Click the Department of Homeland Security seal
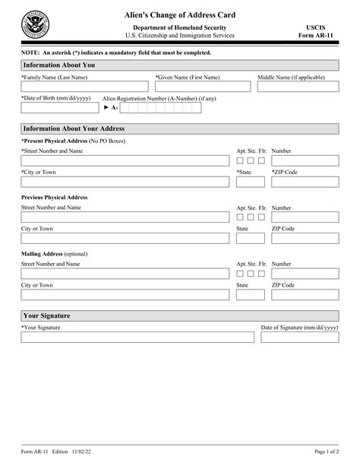[35, 25]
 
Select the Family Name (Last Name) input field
[86, 87]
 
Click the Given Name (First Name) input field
[204, 87]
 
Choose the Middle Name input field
[298, 87]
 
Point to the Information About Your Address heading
[74, 128]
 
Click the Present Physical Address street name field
[126, 161]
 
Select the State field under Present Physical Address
[251, 182]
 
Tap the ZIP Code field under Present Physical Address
[305, 182]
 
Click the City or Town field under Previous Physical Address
[126, 239]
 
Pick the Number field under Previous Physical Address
[305, 217]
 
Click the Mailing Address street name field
[126, 274]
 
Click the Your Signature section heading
[47, 315]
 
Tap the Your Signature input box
[137, 337]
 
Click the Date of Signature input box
[300, 337]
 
